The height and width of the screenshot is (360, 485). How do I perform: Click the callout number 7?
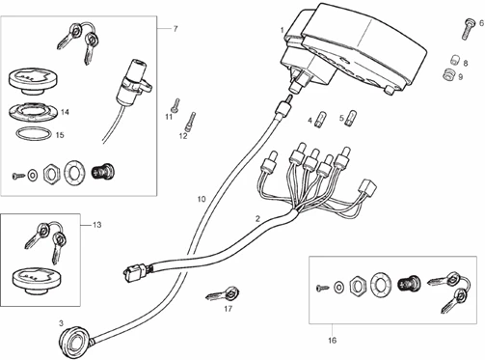[x=175, y=29]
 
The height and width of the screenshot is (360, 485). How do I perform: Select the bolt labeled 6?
[x=469, y=29]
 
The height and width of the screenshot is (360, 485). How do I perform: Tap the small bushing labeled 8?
[x=454, y=60]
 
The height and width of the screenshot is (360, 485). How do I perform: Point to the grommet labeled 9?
[x=448, y=75]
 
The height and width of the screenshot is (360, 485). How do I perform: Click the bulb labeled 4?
[x=320, y=120]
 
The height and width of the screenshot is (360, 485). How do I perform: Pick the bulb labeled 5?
[x=351, y=118]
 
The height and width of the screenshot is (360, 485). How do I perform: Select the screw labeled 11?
[x=175, y=105]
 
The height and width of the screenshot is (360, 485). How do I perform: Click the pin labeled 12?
[x=191, y=121]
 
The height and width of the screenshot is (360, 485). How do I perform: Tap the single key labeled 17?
[x=224, y=293]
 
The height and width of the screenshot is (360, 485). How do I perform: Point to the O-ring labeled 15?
[x=34, y=133]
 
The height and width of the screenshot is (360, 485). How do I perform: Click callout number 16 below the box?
[x=333, y=340]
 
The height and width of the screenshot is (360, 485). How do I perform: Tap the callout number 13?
[x=96, y=225]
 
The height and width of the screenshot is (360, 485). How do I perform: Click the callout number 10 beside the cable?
[x=202, y=199]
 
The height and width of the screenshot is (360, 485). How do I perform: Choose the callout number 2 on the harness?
[x=257, y=219]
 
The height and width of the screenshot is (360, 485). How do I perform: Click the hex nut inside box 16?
[x=357, y=284]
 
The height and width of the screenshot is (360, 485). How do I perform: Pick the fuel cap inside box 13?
[x=38, y=279]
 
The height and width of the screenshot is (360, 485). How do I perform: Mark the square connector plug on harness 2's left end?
[x=134, y=271]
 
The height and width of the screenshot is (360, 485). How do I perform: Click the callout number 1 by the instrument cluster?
[x=283, y=30]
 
